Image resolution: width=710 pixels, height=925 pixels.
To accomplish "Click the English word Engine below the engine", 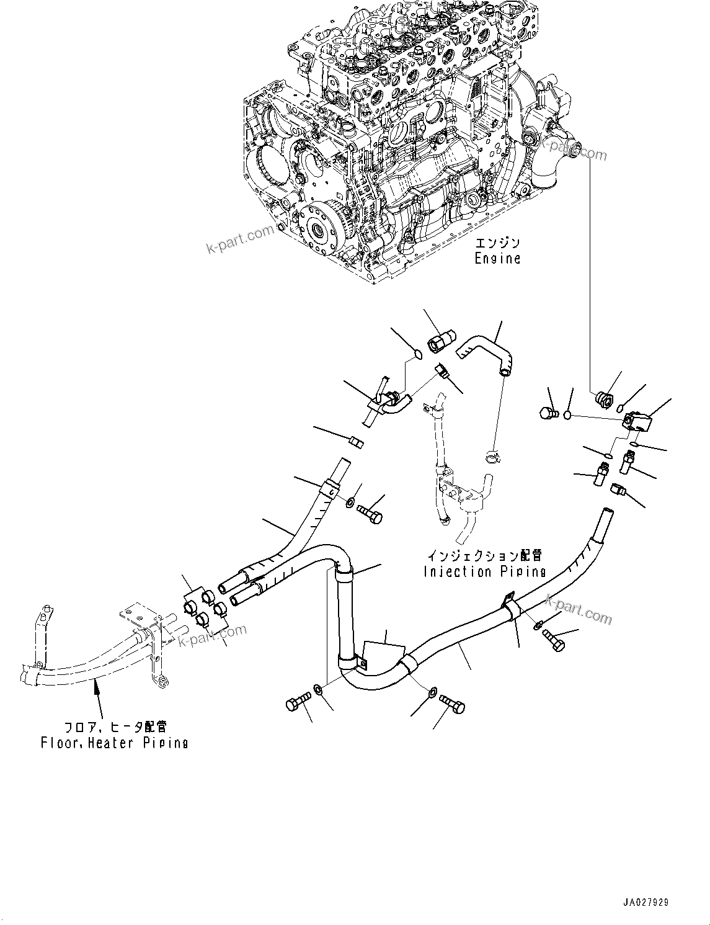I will [497, 258].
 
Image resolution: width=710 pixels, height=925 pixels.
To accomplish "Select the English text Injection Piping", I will [484, 571].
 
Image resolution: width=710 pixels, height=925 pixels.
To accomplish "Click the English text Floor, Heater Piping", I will [114, 742].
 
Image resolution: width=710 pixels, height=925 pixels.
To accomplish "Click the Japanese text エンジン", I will [497, 243].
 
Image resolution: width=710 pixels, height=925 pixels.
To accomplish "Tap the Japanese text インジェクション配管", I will [484, 555].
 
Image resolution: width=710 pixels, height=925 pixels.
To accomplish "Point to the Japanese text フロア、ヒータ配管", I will [115, 726].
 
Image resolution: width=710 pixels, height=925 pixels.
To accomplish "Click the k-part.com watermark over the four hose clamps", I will [213, 636].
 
